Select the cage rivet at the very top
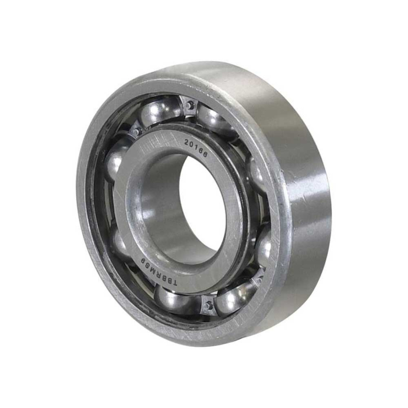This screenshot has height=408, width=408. (x=189, y=106)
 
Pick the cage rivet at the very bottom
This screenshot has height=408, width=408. (x=207, y=303)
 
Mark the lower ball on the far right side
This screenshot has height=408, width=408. (x=263, y=245)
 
